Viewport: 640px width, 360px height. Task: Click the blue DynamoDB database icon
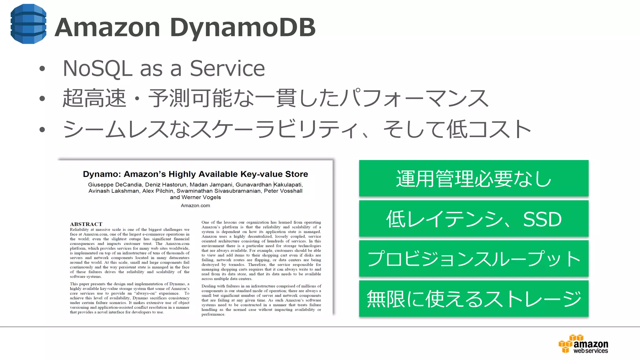point(28,24)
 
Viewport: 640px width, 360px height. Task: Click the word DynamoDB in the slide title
point(242,27)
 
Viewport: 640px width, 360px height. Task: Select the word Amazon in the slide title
point(107,27)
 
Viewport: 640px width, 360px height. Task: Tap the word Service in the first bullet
point(227,68)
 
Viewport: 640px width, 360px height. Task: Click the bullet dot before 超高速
point(42,99)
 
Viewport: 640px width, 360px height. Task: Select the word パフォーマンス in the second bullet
point(414,98)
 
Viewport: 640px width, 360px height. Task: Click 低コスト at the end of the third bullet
point(488,129)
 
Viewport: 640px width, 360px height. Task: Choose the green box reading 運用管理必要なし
point(473,178)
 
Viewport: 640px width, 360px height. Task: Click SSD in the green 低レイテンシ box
point(542,219)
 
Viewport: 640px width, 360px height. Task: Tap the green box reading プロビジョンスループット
point(473,259)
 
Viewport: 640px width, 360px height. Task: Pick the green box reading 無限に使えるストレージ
point(473,299)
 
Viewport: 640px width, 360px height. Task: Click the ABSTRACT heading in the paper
point(86,224)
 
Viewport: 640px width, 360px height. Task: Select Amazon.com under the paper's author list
point(195,206)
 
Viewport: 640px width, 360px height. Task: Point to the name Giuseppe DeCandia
point(115,185)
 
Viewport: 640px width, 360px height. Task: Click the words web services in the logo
point(590,351)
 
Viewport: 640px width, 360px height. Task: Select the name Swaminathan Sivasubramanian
point(218,191)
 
